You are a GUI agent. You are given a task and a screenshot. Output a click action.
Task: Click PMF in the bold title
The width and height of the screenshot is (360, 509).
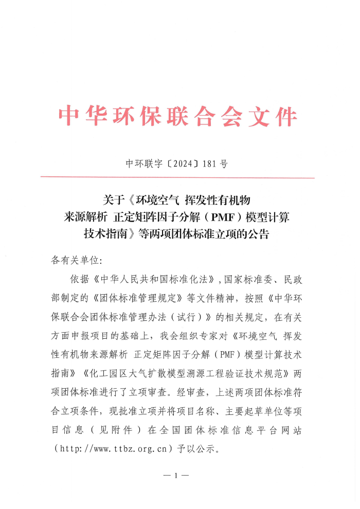222,217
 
